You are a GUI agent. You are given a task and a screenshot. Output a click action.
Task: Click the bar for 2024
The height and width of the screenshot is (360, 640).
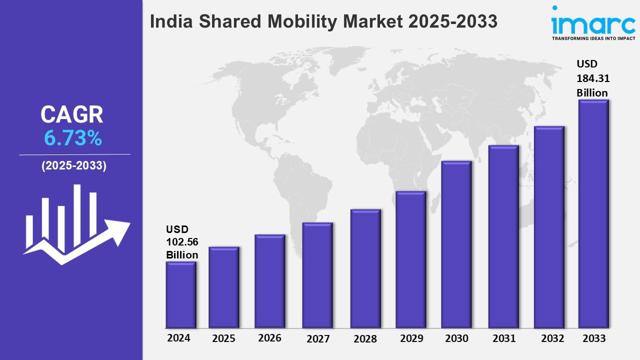coord(180,295)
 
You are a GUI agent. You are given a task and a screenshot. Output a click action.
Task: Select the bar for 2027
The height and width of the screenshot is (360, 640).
coord(317,275)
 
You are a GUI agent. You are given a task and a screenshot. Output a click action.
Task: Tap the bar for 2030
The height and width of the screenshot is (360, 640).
coord(456,244)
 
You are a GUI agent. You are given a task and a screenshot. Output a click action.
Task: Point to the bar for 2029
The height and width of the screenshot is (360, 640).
coord(410,259)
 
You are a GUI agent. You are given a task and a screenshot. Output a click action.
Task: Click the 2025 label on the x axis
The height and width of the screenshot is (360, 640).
coord(223,338)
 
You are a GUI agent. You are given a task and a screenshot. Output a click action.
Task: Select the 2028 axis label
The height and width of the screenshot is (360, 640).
coord(365,339)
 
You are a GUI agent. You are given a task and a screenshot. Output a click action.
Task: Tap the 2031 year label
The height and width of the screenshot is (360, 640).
coord(503,338)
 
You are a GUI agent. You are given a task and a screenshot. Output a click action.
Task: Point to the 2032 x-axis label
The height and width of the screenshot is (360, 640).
coord(552,338)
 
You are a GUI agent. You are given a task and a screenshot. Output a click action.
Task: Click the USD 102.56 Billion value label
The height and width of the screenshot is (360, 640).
coord(182,242)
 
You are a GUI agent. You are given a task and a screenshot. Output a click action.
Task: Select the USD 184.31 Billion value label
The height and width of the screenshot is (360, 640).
coord(592,78)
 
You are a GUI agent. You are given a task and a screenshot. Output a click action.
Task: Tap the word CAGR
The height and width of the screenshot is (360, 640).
coord(72,115)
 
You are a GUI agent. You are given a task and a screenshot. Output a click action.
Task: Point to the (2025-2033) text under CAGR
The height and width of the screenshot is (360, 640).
coord(73,166)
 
